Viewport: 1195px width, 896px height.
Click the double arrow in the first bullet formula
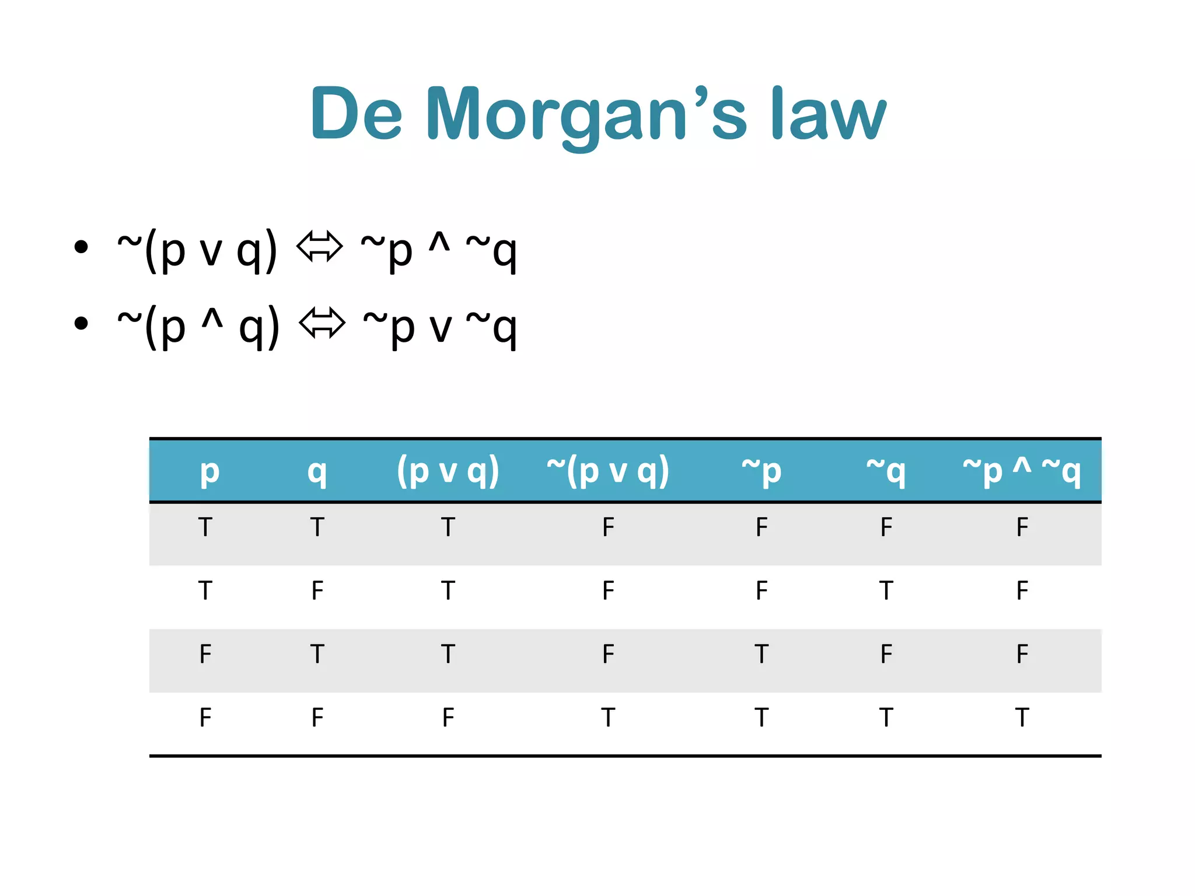pos(319,246)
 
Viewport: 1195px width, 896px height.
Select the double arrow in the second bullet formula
pos(322,323)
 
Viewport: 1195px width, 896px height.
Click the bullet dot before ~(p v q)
pos(81,247)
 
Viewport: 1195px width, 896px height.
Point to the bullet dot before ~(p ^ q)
pos(81,323)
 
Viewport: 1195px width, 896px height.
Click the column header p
pos(209,471)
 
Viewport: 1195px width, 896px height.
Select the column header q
pos(317,471)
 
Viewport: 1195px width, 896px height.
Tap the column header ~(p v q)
pos(607,471)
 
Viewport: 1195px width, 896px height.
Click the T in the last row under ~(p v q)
pos(608,717)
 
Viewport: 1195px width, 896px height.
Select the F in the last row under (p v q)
pos(448,717)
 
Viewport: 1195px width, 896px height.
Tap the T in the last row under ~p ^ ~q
pos(1022,717)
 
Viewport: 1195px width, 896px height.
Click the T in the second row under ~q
pos(886,591)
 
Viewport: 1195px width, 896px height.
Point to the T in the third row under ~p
pos(761,654)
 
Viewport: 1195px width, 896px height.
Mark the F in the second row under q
pos(317,591)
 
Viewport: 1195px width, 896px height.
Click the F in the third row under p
pos(205,654)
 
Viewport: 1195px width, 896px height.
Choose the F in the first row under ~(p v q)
pos(608,527)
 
